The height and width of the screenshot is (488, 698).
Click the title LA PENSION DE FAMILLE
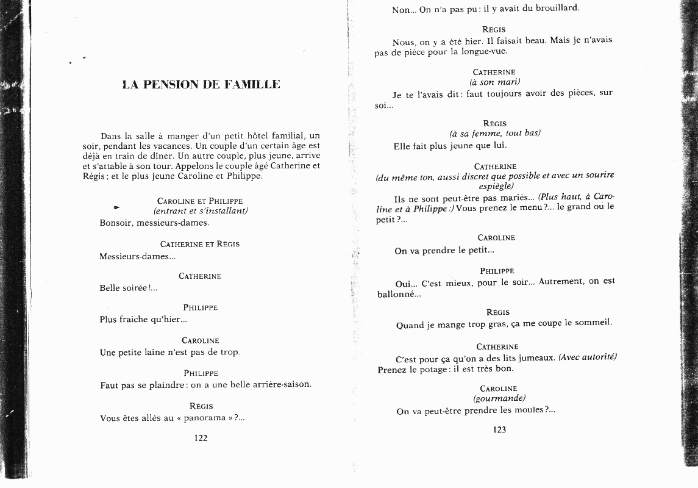tap(201, 85)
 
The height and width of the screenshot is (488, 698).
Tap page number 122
tap(201, 438)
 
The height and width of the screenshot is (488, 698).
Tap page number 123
tap(499, 429)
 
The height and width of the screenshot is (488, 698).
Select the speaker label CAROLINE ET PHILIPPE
tap(200, 201)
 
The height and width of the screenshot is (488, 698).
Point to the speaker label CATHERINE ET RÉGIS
tap(200, 244)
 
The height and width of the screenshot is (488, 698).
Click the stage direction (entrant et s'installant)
tap(201, 211)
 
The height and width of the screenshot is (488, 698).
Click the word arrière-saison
tap(279, 385)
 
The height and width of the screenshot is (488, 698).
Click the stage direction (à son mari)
tap(494, 82)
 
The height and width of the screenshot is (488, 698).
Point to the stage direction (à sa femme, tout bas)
tap(494, 133)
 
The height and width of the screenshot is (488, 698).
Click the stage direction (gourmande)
tap(499, 398)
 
